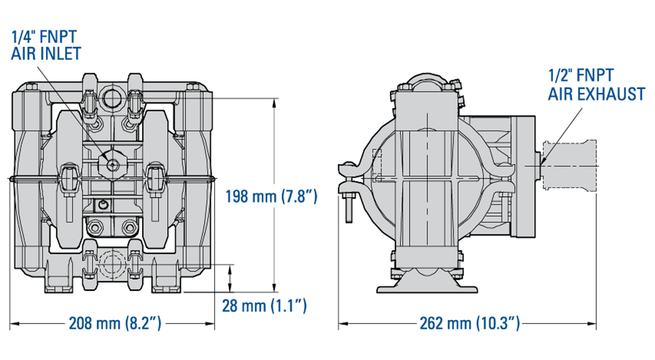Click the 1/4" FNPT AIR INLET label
pyautogui.click(x=46, y=45)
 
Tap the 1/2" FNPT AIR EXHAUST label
pyautogui.click(x=597, y=85)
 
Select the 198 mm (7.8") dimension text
pyautogui.click(x=271, y=196)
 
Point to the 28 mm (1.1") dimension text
pyautogui.click(x=264, y=306)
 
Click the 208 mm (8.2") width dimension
pyautogui.click(x=115, y=323)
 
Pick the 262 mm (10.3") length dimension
pyautogui.click(x=470, y=323)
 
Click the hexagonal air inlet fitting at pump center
pyautogui.click(x=112, y=165)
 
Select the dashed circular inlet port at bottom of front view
pyautogui.click(x=112, y=264)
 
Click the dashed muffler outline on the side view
pyautogui.click(x=569, y=166)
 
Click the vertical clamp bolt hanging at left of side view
pyautogui.click(x=349, y=208)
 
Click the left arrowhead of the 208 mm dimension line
pyautogui.click(x=14, y=323)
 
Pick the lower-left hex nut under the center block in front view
pyautogui.click(x=96, y=227)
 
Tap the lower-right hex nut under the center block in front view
pyautogui.click(x=129, y=227)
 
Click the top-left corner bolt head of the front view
pyautogui.click(x=31, y=87)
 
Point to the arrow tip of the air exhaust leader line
pyautogui.click(x=541, y=164)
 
